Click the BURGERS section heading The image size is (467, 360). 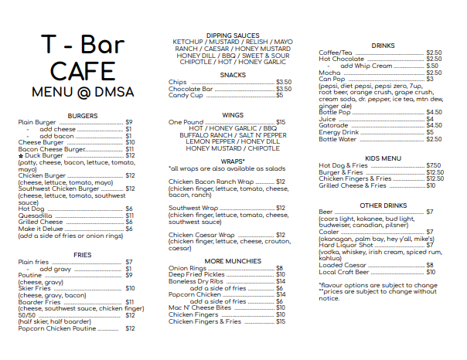(82, 115)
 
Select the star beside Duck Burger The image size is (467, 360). (20, 156)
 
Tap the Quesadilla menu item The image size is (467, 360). (36, 216)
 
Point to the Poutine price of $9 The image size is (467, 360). (129, 275)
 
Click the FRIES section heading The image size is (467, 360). (82, 254)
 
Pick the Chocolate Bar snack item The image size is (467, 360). (191, 89)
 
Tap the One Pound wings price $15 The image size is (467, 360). (281, 122)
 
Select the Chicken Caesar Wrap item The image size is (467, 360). (202, 235)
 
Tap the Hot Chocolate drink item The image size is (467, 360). (341, 59)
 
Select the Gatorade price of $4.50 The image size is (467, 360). (434, 125)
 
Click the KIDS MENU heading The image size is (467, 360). (383, 158)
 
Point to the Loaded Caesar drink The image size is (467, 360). (343, 265)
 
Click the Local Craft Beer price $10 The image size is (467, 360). (431, 272)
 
